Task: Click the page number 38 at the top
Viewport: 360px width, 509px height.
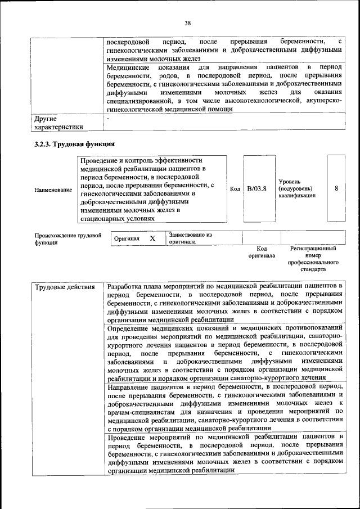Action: (x=187, y=23)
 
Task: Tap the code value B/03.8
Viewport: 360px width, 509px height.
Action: (x=256, y=188)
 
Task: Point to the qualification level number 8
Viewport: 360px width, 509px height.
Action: (x=336, y=188)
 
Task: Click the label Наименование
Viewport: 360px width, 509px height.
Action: (x=53, y=190)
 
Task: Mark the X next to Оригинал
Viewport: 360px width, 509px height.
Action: (x=152, y=238)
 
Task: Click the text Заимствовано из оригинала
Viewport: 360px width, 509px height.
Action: (x=190, y=238)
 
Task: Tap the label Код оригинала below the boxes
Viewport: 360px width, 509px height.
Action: (x=262, y=251)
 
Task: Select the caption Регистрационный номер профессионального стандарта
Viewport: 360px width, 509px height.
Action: (x=313, y=259)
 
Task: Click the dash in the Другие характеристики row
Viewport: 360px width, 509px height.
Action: (x=109, y=119)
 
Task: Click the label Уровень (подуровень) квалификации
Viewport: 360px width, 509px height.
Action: (x=296, y=188)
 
